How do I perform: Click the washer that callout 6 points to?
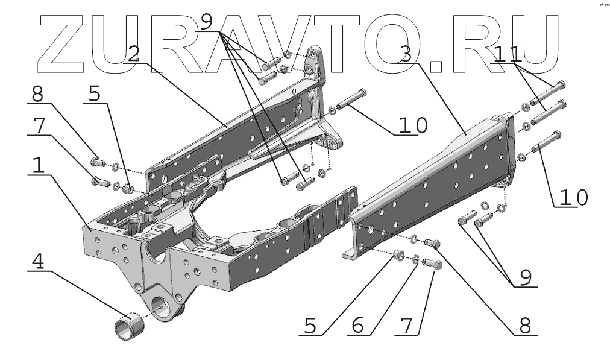(x=417, y=260)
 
